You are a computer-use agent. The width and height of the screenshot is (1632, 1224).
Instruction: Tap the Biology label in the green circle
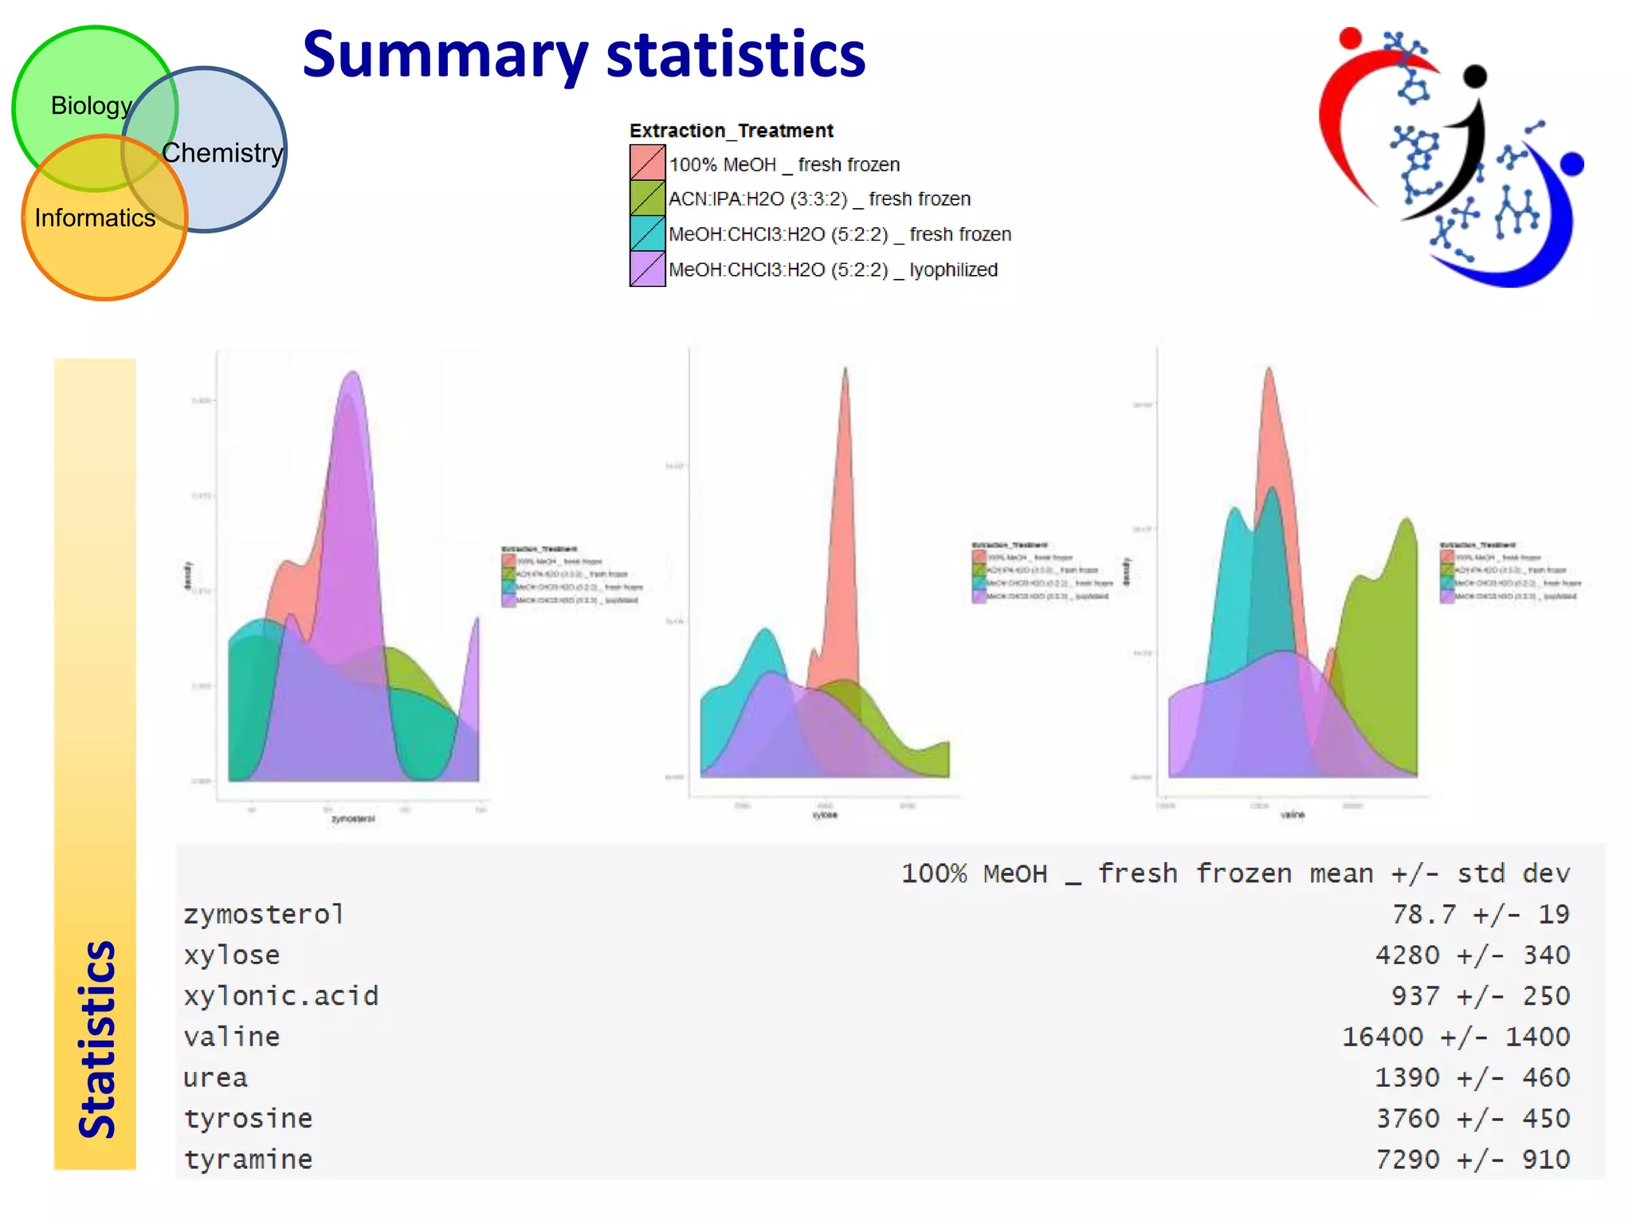point(91,105)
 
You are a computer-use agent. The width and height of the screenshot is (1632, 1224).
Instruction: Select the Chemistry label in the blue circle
point(222,152)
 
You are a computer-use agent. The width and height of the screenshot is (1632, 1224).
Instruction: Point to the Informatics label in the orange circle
point(95,218)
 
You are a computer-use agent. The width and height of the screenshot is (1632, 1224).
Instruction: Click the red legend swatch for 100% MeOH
point(647,163)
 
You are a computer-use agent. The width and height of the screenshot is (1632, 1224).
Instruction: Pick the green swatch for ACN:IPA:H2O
point(647,198)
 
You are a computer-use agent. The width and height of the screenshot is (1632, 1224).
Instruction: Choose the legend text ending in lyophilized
point(833,269)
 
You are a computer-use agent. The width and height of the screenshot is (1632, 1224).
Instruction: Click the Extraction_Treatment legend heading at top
point(731,130)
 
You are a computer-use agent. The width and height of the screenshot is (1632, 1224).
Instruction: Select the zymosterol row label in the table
point(264,914)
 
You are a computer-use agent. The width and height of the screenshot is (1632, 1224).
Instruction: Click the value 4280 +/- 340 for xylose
point(1472,955)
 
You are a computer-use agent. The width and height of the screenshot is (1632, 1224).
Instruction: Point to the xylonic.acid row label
point(280,995)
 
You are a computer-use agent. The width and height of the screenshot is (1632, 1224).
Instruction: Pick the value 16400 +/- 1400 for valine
point(1455,1037)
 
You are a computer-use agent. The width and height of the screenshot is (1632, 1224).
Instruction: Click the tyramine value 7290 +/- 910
point(1472,1159)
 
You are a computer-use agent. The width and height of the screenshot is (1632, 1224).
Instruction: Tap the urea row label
point(215,1077)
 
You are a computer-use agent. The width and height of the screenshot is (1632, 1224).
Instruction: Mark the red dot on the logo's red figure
point(1349,37)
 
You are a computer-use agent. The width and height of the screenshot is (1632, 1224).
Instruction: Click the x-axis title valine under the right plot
point(1292,814)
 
